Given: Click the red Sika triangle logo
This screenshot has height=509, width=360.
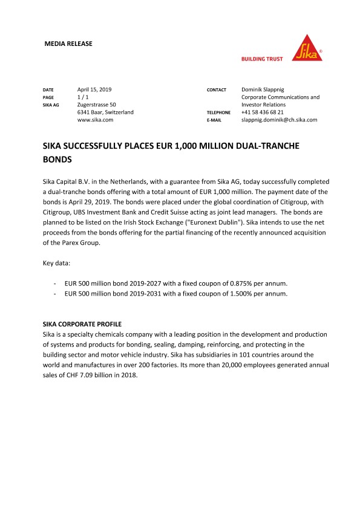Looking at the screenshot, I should [x=308, y=47].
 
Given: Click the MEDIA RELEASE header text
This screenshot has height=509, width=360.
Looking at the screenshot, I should [x=69, y=44].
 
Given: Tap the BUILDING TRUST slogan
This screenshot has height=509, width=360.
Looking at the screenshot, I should [x=263, y=59].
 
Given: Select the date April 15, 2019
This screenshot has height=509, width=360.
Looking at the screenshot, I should [x=95, y=89].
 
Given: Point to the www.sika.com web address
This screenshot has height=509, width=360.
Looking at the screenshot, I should [x=96, y=120].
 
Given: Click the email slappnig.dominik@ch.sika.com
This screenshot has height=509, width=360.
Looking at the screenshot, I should [x=279, y=120].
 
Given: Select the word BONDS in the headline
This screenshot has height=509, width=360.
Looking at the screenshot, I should [x=57, y=160].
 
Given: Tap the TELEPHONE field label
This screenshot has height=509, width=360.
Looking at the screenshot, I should [x=219, y=113].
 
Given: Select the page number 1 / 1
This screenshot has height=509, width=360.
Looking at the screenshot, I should [x=83, y=97].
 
